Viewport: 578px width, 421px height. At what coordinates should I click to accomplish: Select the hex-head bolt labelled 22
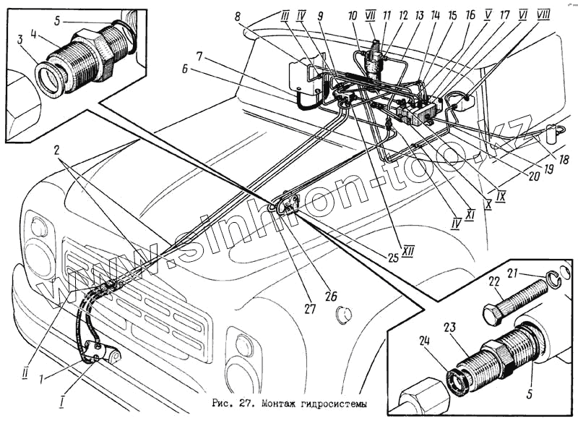pyautogui.click(x=513, y=299)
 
